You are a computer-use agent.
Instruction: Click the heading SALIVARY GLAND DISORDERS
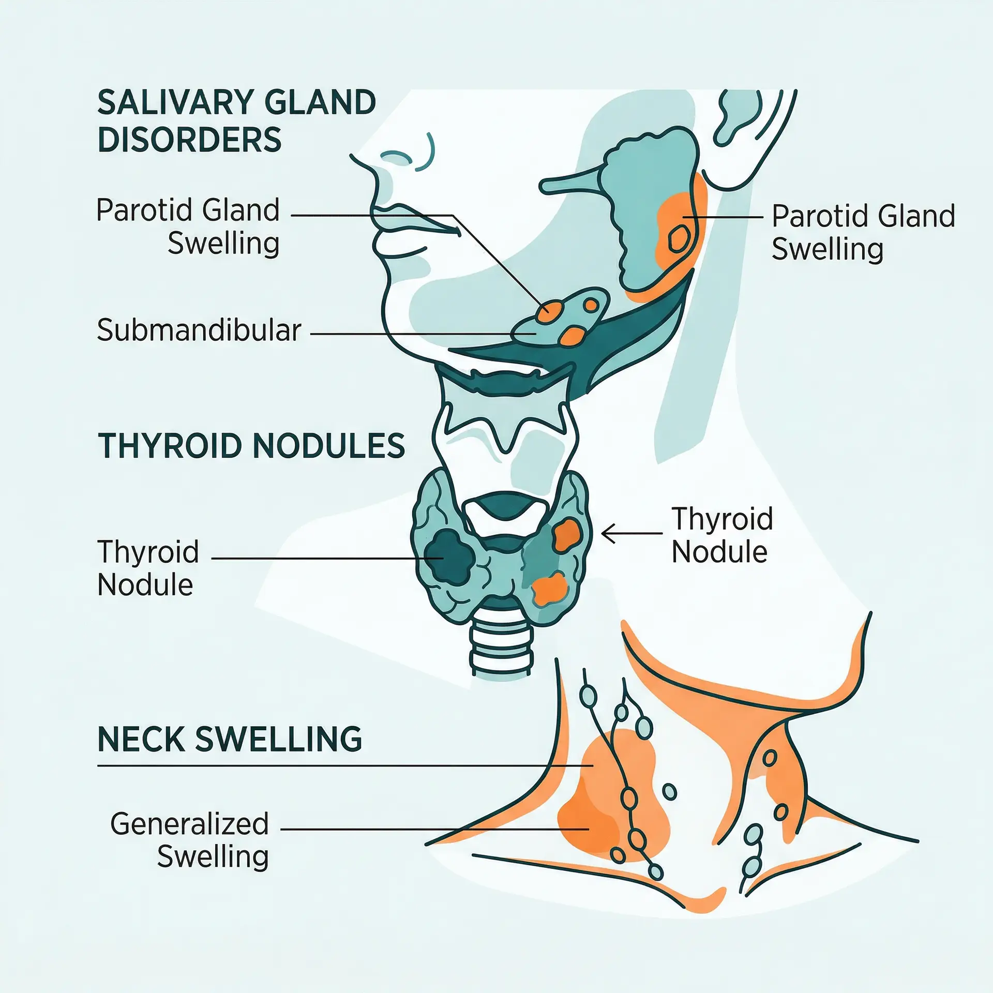(236, 121)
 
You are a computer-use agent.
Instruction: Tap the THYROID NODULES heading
(251, 446)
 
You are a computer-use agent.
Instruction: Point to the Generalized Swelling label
(189, 840)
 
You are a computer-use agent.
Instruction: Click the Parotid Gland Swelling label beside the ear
(863, 232)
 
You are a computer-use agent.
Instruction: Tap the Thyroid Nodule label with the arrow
(721, 535)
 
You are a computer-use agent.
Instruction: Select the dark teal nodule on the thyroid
(449, 556)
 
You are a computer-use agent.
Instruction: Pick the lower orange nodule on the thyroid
(549, 589)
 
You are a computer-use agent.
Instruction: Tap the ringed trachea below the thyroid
(501, 647)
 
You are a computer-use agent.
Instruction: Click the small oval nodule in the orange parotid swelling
(679, 239)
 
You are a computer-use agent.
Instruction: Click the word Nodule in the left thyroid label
(145, 585)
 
